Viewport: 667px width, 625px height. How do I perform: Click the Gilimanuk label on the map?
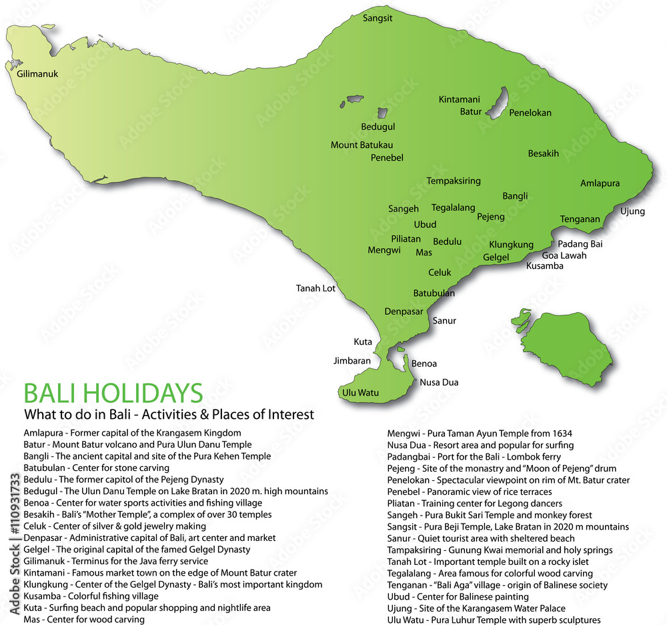[38, 74]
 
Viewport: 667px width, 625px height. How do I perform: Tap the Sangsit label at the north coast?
[378, 18]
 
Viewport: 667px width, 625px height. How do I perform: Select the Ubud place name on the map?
[425, 224]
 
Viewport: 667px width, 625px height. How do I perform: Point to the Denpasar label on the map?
[404, 311]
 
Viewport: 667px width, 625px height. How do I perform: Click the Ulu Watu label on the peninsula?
[360, 392]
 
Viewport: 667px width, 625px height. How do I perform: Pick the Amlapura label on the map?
[600, 183]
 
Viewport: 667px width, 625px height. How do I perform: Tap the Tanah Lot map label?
[315, 288]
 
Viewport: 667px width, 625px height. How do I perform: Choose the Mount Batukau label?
[362, 145]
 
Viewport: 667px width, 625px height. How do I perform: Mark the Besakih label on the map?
[544, 153]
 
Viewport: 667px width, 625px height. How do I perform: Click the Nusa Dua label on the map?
[439, 382]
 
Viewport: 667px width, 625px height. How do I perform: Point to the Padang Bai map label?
[580, 243]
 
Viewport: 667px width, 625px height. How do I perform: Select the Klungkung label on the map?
[511, 244]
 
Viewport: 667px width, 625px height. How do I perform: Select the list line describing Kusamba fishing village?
[91, 596]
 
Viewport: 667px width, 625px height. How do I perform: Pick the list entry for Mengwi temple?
[480, 433]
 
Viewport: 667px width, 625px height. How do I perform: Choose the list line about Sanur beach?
[481, 538]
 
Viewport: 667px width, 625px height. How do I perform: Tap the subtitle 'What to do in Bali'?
[168, 414]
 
